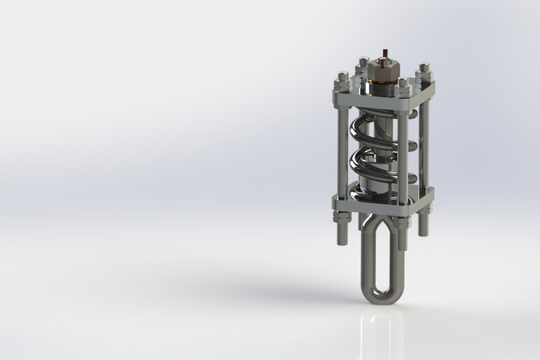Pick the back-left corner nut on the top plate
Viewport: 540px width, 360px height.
(362, 61)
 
